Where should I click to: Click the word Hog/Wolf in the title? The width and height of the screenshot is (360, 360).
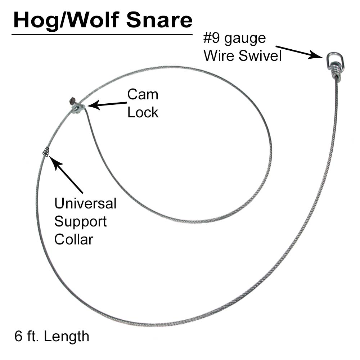(68, 21)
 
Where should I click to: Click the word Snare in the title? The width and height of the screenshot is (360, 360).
(159, 21)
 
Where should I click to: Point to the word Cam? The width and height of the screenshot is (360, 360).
(143, 95)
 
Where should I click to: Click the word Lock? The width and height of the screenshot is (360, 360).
(143, 112)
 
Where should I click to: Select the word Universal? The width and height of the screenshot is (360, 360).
(85, 203)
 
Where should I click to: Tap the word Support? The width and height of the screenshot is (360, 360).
(81, 221)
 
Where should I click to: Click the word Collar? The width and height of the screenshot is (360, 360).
(74, 239)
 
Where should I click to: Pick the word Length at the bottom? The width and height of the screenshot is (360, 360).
(67, 337)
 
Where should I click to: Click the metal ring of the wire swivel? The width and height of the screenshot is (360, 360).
(333, 59)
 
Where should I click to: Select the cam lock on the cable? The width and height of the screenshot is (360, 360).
(77, 107)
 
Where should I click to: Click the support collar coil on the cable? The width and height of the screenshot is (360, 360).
(46, 152)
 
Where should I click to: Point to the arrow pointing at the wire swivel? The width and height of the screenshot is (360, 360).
(299, 51)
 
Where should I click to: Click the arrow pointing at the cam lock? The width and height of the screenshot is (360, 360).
(106, 104)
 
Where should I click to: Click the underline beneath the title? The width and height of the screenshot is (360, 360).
(102, 35)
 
